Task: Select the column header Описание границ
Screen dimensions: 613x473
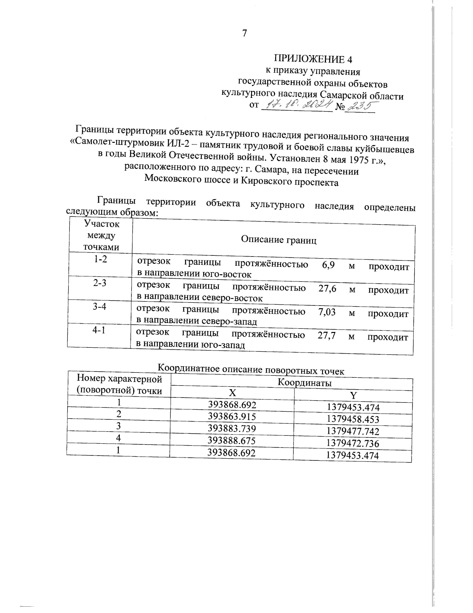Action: pyautogui.click(x=279, y=240)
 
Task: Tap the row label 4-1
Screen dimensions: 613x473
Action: pyautogui.click(x=99, y=331)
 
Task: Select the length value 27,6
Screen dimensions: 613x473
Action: pyautogui.click(x=327, y=289)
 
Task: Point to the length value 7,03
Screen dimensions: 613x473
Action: pyautogui.click(x=327, y=312)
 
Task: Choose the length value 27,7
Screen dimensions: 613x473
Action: pyautogui.click(x=326, y=336)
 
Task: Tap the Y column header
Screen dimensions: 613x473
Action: pyautogui.click(x=353, y=396)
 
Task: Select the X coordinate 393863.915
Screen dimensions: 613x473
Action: pyautogui.click(x=232, y=416)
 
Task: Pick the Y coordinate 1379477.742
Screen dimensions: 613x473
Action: pyautogui.click(x=353, y=431)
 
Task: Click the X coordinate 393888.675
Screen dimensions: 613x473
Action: pyautogui.click(x=232, y=441)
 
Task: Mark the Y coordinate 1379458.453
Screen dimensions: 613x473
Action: pyautogui.click(x=353, y=419)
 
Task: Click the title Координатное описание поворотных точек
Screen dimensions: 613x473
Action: pyautogui.click(x=251, y=370)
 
